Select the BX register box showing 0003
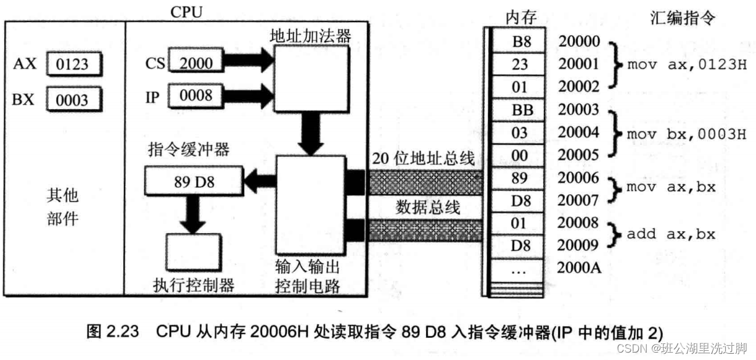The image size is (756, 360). [73, 100]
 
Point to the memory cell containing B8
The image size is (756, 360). [519, 42]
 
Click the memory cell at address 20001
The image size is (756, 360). [519, 64]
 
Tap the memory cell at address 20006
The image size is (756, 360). [519, 178]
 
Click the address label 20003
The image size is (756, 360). [578, 110]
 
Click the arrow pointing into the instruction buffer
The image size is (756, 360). [258, 181]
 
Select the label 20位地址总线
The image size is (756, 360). [423, 158]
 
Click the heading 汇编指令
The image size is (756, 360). [683, 18]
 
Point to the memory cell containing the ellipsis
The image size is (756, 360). [519, 269]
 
